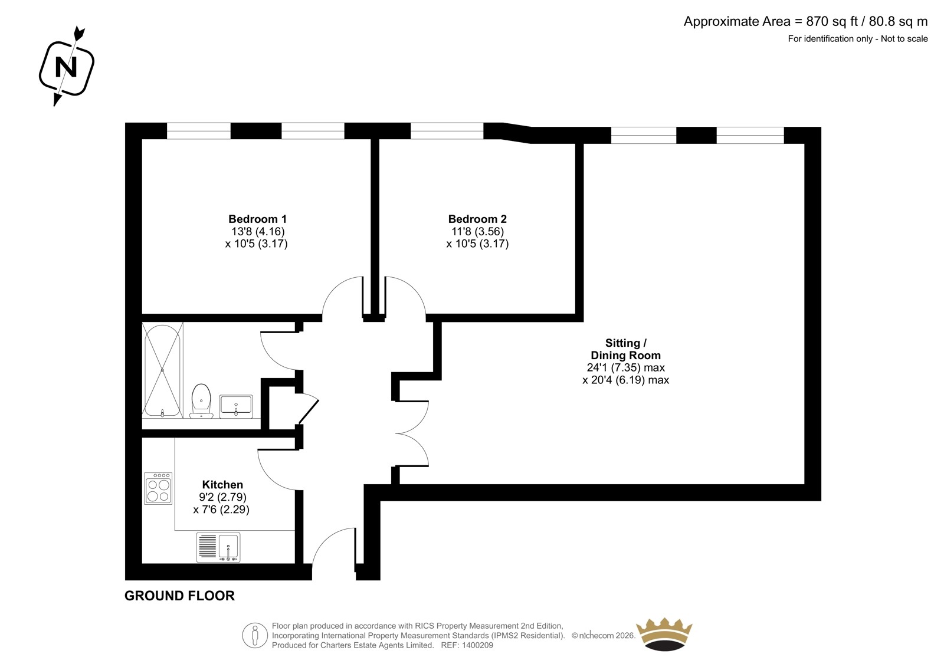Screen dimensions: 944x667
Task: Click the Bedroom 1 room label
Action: pyautogui.click(x=257, y=219)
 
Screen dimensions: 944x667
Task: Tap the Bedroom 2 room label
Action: pyautogui.click(x=477, y=219)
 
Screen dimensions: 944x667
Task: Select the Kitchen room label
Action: pyautogui.click(x=222, y=485)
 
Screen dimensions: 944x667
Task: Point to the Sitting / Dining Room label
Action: pyautogui.click(x=625, y=349)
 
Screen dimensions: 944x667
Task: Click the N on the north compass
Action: pyautogui.click(x=66, y=67)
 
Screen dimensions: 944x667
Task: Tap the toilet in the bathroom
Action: pyautogui.click(x=201, y=400)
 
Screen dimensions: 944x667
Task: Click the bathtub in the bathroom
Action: pyautogui.click(x=163, y=370)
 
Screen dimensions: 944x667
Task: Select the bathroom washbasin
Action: pyautogui.click(x=236, y=406)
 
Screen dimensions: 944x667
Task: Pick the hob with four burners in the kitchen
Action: pyautogui.click(x=158, y=488)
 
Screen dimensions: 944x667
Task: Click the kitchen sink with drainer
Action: pyautogui.click(x=218, y=547)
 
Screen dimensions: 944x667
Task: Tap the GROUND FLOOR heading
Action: pyautogui.click(x=179, y=596)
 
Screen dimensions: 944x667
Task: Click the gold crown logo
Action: pyautogui.click(x=664, y=634)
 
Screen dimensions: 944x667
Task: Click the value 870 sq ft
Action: pyautogui.click(x=832, y=21)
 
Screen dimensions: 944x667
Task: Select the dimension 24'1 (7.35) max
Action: pyautogui.click(x=626, y=367)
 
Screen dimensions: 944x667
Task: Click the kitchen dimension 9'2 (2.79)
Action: pyautogui.click(x=222, y=497)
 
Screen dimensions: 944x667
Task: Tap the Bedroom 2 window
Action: pyautogui.click(x=447, y=130)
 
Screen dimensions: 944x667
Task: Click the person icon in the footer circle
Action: pyautogui.click(x=254, y=635)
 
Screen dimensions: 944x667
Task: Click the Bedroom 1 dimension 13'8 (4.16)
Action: pyautogui.click(x=258, y=231)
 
